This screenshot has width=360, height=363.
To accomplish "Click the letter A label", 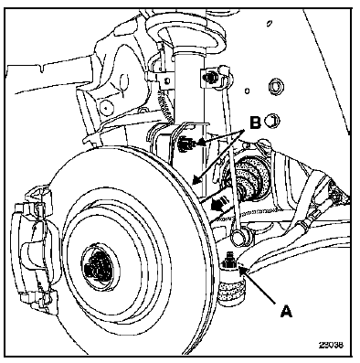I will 285,311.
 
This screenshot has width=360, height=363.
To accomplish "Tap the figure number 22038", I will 331,345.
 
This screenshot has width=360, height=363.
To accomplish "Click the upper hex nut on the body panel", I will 274,89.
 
